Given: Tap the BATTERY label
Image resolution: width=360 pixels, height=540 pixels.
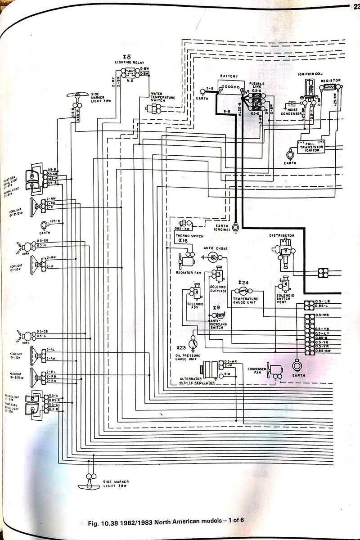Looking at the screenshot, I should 229,77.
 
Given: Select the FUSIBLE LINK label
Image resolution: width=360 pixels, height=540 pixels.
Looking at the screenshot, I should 258,85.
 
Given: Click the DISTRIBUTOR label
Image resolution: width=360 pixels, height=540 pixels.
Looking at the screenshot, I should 282,235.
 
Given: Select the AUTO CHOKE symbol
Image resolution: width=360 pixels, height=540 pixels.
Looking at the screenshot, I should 214,257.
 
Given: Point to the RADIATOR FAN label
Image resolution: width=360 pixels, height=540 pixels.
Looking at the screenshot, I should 185,272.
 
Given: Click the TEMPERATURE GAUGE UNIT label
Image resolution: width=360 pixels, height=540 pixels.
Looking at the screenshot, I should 245,301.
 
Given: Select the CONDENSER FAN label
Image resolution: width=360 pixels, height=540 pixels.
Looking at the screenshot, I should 257,370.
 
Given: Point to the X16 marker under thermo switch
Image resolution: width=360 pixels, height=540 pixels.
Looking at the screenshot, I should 183,241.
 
